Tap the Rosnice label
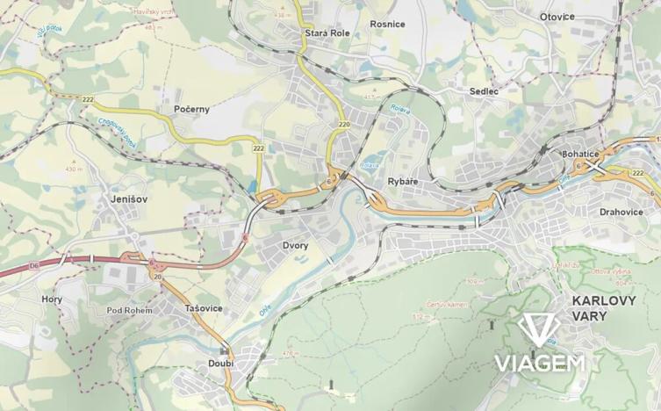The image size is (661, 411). click(x=388, y=24)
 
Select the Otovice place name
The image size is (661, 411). click(x=557, y=17)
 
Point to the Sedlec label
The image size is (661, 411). click(x=484, y=90)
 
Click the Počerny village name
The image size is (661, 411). click(x=192, y=109)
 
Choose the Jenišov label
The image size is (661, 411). click(x=129, y=199)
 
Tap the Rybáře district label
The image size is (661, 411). click(x=403, y=181)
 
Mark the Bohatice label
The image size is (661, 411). click(x=579, y=154)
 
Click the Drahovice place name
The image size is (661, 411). click(x=621, y=212)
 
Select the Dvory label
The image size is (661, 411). click(x=295, y=245)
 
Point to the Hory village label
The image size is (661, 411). click(x=52, y=299)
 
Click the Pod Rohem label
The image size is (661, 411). click(x=129, y=310)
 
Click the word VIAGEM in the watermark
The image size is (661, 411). click(x=539, y=363)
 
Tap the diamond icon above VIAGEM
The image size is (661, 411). click(x=538, y=330)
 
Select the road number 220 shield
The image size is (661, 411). click(x=343, y=126)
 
